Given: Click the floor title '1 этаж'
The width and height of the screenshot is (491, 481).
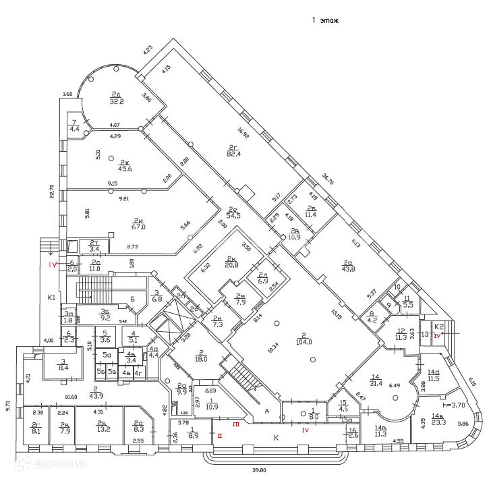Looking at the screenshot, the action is pos(324,21).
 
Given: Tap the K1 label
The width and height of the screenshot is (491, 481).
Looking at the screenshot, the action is pos(50,297).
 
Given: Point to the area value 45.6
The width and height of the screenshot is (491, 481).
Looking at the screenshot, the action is pos(125,168).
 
